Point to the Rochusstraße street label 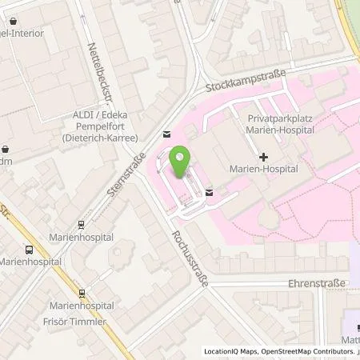(182, 254)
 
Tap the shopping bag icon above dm (6, 148)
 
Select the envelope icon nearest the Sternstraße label (166, 134)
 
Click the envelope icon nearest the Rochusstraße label (209, 191)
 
